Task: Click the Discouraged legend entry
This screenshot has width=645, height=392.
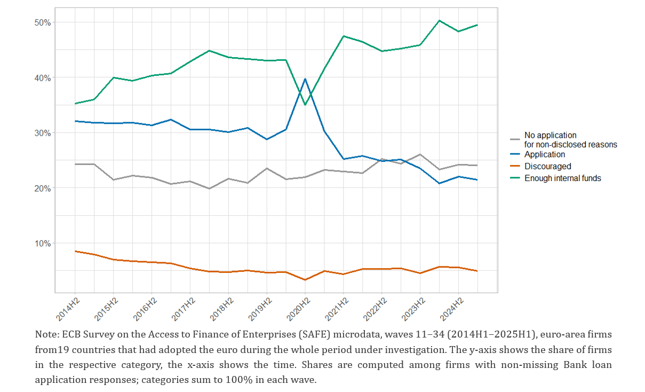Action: point(547,166)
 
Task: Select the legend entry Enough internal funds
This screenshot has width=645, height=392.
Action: point(562,178)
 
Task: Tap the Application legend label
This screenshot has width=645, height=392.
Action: point(544,154)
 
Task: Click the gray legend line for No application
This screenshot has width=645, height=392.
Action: point(515,139)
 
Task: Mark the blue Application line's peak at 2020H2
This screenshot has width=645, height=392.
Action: point(305,79)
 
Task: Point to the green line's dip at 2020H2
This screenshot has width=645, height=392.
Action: point(305,105)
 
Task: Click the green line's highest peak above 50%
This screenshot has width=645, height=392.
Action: point(439,20)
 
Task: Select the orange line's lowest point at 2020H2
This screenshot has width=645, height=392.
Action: point(305,280)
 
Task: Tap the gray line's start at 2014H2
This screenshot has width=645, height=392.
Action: point(75,164)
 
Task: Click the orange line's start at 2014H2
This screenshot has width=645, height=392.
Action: point(75,251)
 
